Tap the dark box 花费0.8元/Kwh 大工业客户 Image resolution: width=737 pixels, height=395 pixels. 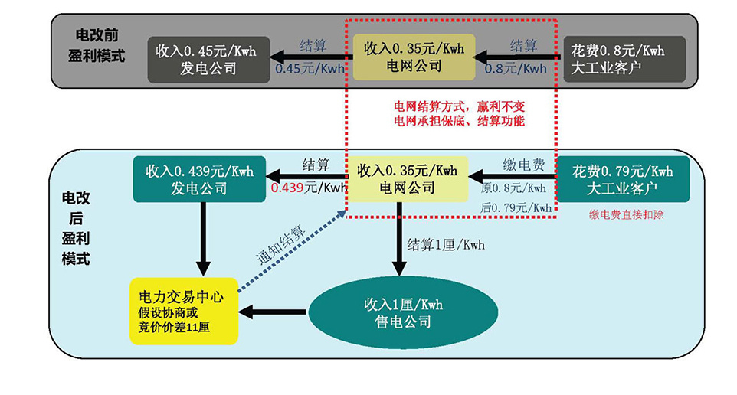point(624,58)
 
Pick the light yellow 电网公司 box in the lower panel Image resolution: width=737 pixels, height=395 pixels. point(408,179)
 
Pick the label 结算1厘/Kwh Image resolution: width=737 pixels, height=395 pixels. point(446,245)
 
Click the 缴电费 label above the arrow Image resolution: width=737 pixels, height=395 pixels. point(524,165)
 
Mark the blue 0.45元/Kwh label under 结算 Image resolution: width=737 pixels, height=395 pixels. point(310,68)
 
